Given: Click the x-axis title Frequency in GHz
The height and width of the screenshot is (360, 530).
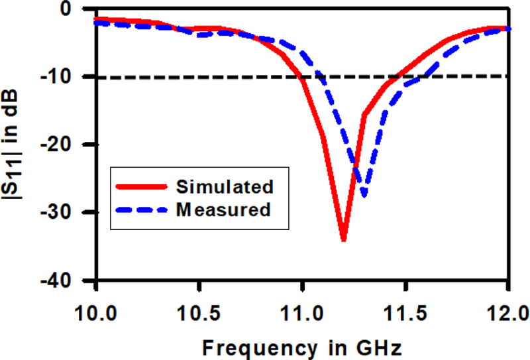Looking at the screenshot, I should pos(302,345).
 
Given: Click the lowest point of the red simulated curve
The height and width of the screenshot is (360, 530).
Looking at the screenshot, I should pos(343,239).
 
